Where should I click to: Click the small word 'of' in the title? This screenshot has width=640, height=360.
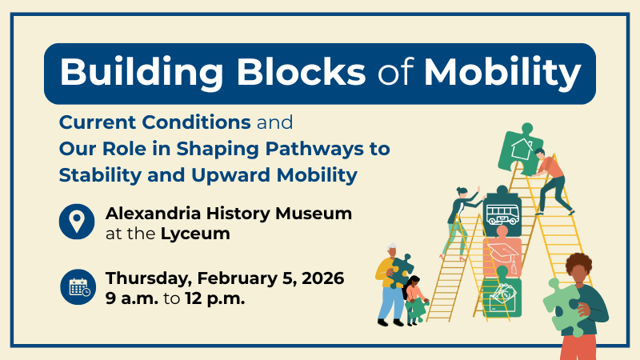click(x=396, y=74)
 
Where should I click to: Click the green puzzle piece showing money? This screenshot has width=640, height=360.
click(x=502, y=295)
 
